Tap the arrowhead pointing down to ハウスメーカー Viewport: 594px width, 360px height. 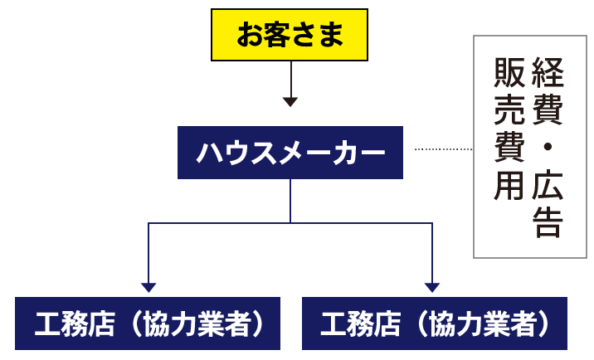290,101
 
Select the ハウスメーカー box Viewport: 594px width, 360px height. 290,153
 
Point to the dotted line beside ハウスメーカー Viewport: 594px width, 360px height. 442,150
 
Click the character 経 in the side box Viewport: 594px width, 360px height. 547,74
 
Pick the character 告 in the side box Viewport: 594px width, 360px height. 547,221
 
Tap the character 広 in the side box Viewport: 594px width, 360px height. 547,186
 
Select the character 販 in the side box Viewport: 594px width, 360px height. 509,74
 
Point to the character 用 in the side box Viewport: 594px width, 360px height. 509,186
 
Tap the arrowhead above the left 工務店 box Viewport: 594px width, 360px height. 148,287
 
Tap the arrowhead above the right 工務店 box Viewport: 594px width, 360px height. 431,287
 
